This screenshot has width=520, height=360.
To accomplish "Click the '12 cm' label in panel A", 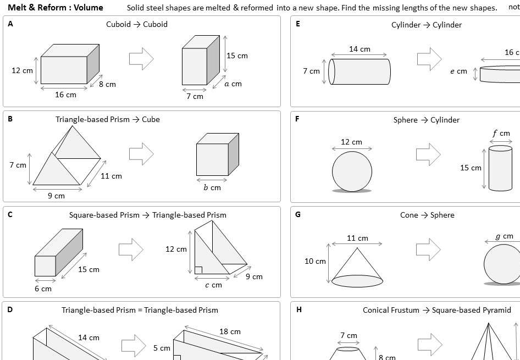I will (x=23, y=70).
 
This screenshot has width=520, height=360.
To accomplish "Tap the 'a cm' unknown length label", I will (x=233, y=84).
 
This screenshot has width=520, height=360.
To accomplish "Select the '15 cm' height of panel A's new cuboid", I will (x=237, y=56).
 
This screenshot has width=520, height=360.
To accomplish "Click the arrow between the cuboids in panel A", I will (x=141, y=58).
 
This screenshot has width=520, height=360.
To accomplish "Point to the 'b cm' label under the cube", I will (x=212, y=187).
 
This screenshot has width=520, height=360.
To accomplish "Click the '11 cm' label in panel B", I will (x=112, y=176).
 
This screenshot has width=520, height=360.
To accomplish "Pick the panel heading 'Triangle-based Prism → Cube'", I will (x=108, y=119).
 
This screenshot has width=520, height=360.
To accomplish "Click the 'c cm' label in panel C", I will (x=213, y=285).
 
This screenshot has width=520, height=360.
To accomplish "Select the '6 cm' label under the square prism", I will (x=43, y=288).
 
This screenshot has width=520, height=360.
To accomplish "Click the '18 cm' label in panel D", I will (x=230, y=331).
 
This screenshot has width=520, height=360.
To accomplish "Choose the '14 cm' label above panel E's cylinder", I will (x=359, y=49).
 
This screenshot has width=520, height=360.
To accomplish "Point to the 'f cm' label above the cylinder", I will (x=501, y=134).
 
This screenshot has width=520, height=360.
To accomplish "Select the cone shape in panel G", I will (x=357, y=267).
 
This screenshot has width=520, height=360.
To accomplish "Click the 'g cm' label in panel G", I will (x=504, y=236).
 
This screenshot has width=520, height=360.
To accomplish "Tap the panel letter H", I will (x=298, y=309).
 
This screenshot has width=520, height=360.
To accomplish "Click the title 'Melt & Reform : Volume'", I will (x=56, y=8).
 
